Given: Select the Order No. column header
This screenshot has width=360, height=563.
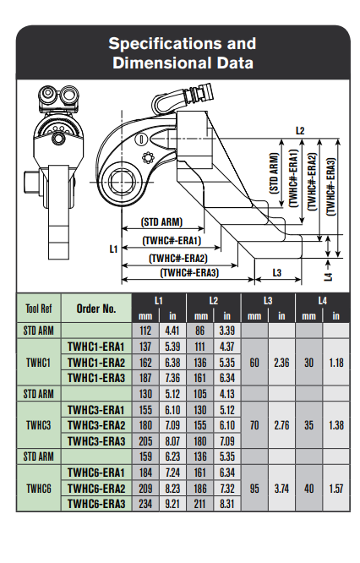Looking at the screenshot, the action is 96,309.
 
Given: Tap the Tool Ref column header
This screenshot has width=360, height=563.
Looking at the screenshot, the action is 39,309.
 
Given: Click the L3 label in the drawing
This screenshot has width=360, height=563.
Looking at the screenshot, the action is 277,273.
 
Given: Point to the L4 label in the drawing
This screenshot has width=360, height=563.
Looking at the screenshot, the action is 329,276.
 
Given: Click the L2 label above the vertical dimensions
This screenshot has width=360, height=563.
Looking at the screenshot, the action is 300,131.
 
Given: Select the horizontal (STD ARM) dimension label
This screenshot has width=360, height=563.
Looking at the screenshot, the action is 162,221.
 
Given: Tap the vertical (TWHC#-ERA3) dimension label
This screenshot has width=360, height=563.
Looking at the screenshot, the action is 330,187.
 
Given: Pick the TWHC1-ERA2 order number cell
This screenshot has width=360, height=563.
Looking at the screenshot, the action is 96,363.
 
